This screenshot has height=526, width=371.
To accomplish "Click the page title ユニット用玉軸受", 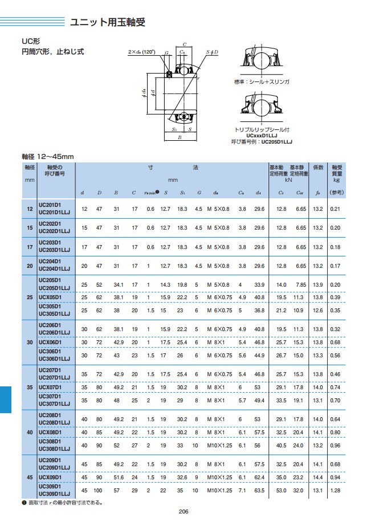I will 108,23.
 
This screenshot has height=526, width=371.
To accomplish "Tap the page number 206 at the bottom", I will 184,511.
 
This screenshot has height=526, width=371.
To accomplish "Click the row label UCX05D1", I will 48,297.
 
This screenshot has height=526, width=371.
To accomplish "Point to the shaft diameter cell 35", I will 30,387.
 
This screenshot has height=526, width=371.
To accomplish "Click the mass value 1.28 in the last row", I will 335,491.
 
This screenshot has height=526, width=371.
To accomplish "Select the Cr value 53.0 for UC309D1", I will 281,491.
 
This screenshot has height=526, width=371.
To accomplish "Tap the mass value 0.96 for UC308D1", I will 335,445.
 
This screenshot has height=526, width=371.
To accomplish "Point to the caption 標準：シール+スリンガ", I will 262,82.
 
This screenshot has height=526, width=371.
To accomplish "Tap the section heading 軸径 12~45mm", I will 48,156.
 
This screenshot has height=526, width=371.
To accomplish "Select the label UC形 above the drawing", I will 30,42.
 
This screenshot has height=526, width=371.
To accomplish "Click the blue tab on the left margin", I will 6,398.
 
